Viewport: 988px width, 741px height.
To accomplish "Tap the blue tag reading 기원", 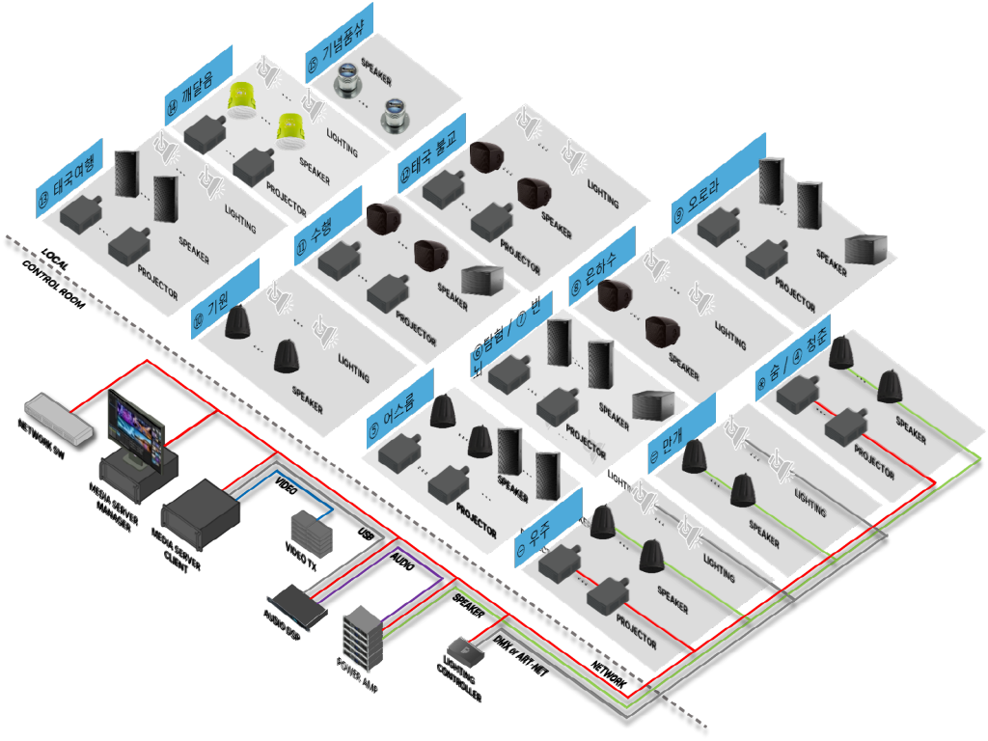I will (226, 293).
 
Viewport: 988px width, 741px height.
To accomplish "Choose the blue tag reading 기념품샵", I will (339, 38).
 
